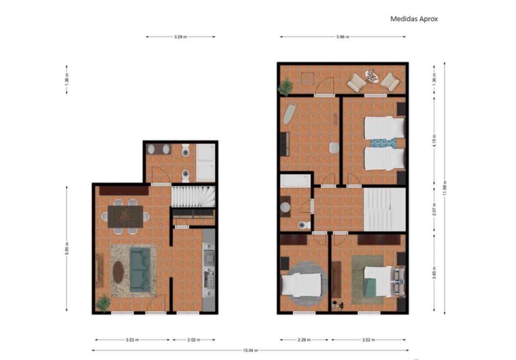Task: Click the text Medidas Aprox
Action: [x=414, y=19]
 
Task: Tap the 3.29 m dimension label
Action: [x=181, y=37]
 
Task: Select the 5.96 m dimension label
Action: [x=343, y=37]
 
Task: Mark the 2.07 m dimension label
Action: [x=434, y=211]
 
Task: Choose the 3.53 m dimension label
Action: [x=132, y=340]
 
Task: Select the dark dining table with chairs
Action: [x=125, y=217]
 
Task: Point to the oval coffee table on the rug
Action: [x=118, y=272]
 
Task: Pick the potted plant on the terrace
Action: [x=285, y=87]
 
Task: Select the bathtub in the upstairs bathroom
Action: [x=295, y=180]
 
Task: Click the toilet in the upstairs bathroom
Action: [x=304, y=225]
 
